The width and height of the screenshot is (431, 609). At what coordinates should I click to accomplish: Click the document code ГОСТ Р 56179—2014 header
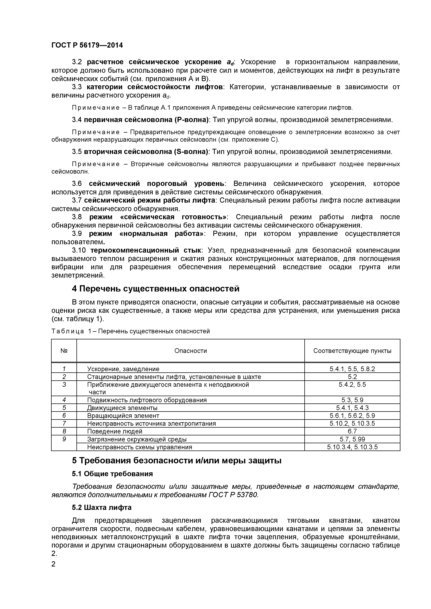click(87, 45)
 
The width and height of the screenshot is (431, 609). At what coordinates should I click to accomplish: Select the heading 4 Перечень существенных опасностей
click(155, 289)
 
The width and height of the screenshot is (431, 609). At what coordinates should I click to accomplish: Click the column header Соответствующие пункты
click(352, 351)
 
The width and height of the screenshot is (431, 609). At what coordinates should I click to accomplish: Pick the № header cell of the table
click(64, 351)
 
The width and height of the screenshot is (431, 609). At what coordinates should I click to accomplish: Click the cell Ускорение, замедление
click(123, 369)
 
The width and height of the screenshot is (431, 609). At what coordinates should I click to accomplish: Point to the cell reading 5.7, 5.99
click(352, 439)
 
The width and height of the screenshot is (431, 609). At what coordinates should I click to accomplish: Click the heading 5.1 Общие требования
click(112, 474)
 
